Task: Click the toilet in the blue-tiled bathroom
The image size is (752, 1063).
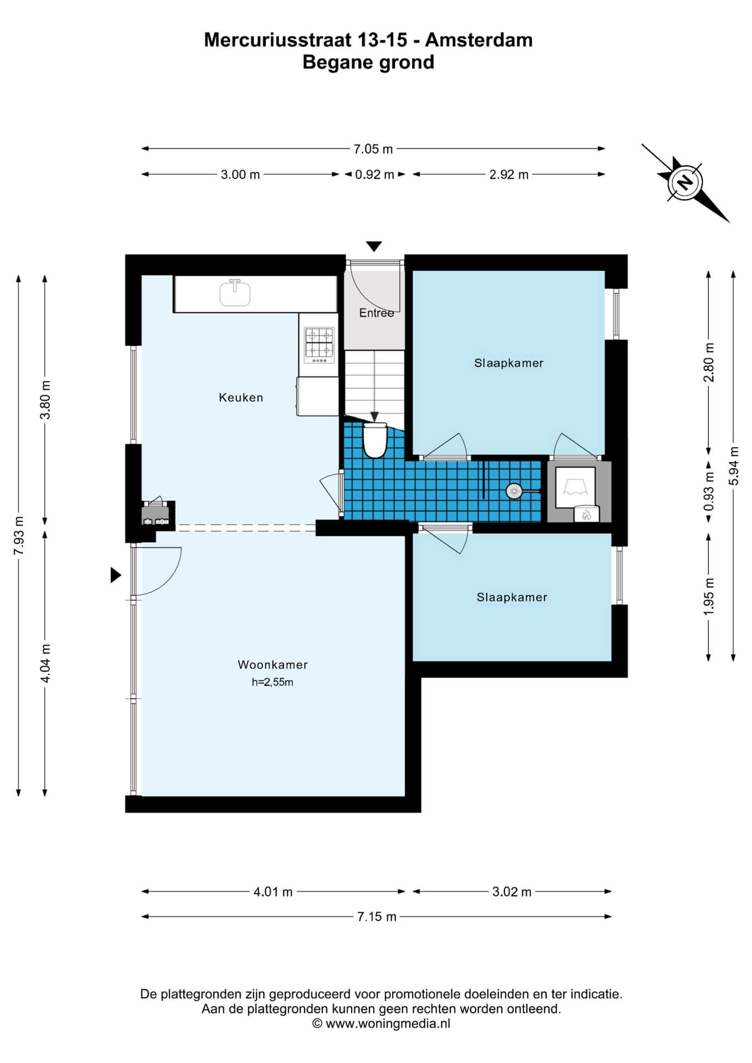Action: [375, 440]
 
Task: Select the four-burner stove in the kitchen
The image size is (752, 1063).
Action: [320, 345]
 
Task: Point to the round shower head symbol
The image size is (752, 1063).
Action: [514, 491]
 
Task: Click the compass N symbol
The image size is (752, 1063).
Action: [686, 182]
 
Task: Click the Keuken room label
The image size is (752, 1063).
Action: [241, 398]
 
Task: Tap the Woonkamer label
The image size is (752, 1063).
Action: [272, 664]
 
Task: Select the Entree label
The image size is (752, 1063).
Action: [377, 313]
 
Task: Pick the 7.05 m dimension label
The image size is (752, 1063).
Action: [373, 149]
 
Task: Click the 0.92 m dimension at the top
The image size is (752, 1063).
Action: [374, 174]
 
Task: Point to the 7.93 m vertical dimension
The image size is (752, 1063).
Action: [19, 535]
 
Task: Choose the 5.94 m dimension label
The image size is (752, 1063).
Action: [734, 466]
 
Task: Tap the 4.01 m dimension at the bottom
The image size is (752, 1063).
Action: [273, 892]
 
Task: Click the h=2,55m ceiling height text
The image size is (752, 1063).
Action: [272, 682]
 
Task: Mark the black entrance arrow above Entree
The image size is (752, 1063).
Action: [374, 246]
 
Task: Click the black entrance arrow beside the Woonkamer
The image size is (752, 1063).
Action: [116, 575]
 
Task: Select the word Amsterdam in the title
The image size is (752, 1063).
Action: [479, 40]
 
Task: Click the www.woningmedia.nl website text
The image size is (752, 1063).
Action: [388, 1024]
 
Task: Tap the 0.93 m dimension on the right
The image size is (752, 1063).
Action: [709, 491]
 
